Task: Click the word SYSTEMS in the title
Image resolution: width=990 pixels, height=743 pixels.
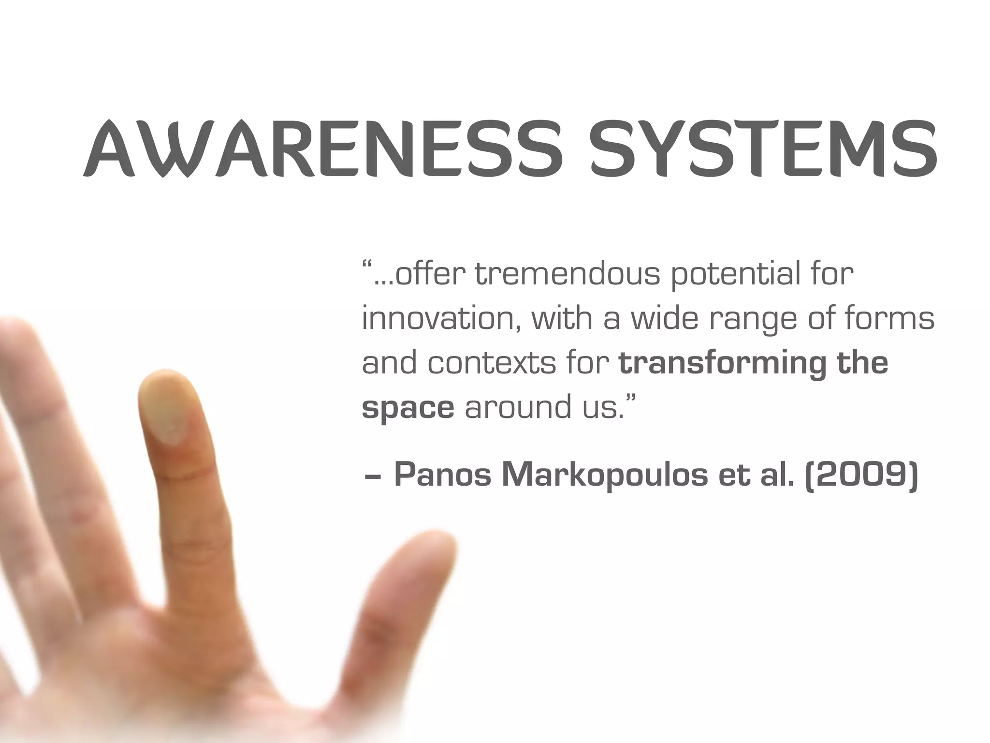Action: click(x=764, y=149)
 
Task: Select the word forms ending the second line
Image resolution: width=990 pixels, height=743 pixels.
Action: click(x=889, y=319)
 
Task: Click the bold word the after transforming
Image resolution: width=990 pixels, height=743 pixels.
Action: click(x=862, y=364)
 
